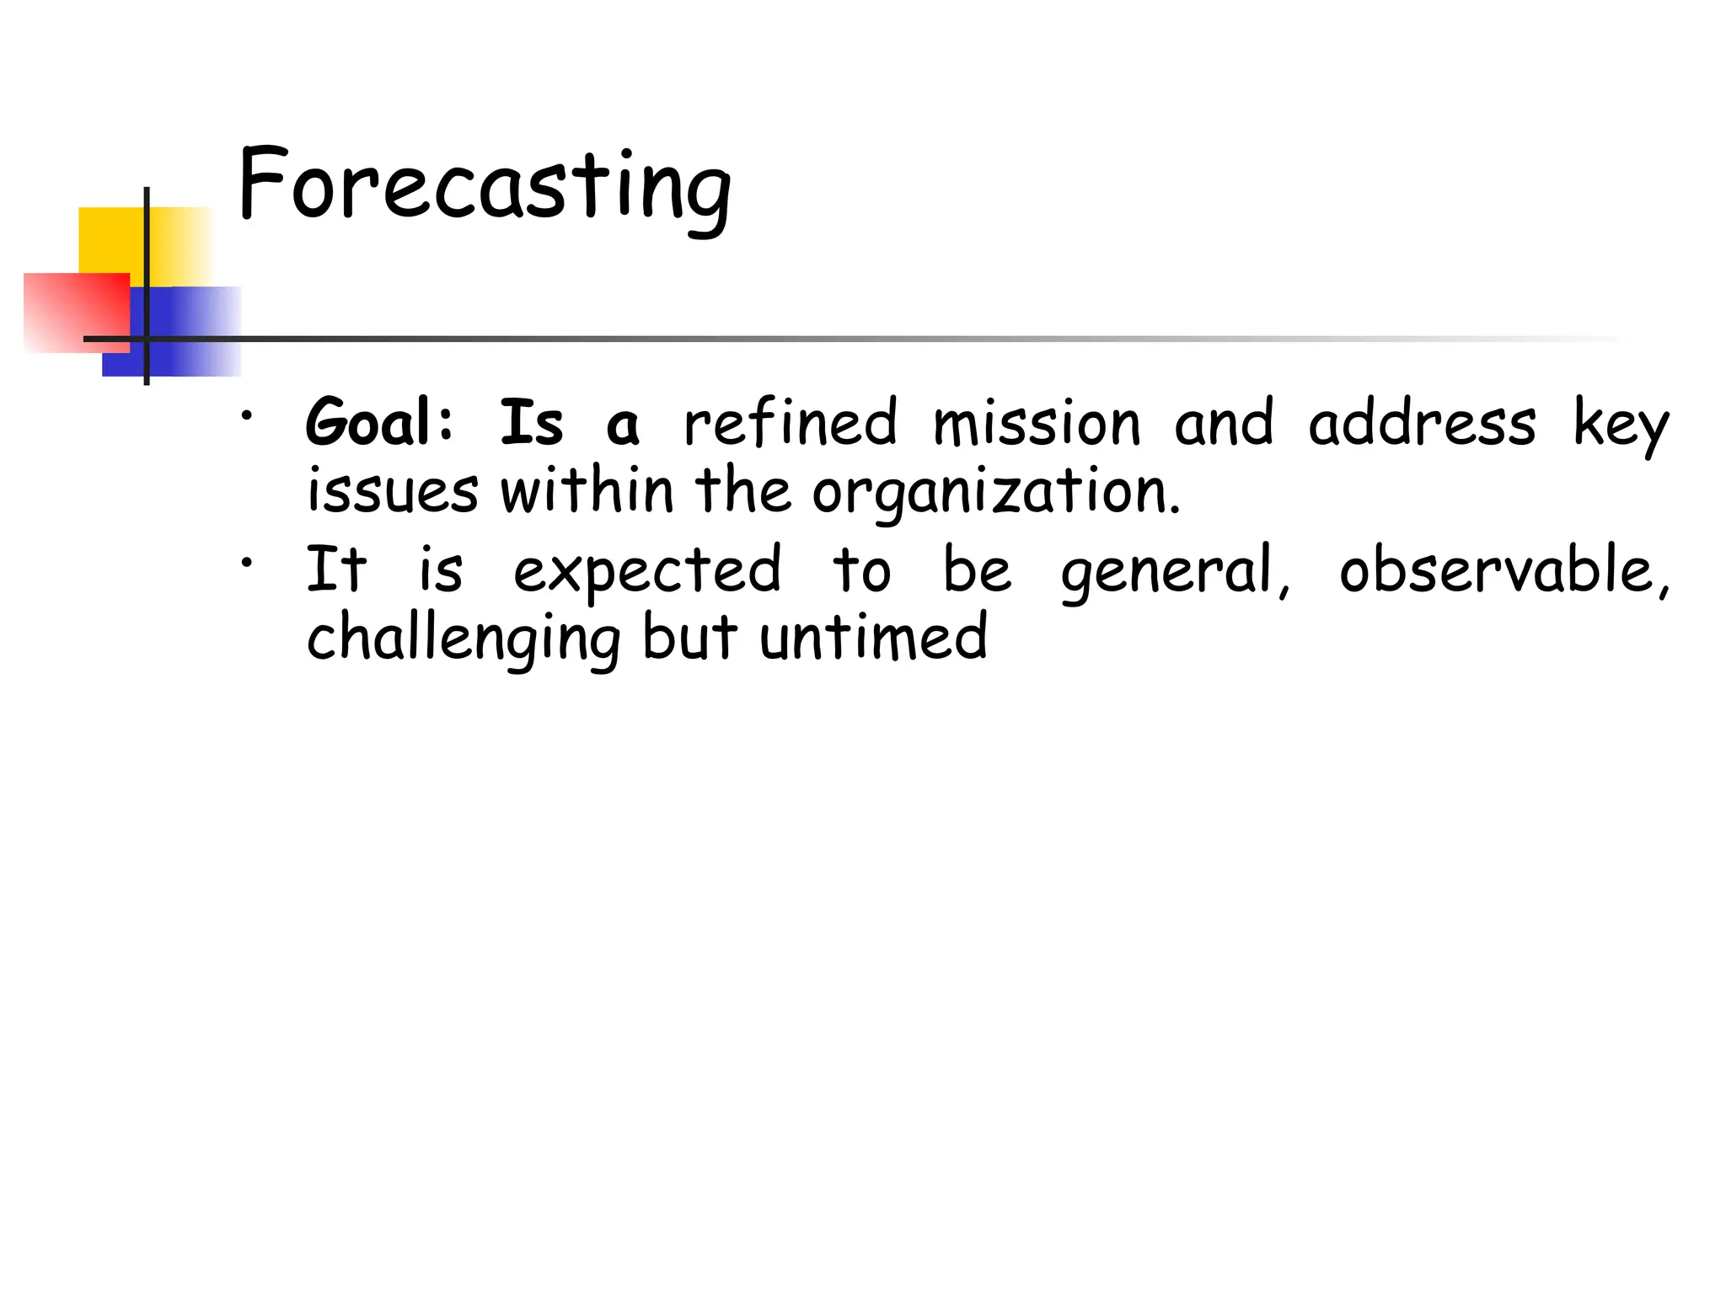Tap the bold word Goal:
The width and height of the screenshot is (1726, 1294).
pyautogui.click(x=379, y=422)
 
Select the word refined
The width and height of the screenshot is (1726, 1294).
pyautogui.click(x=791, y=422)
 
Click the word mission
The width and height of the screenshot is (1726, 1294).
pyautogui.click(x=1037, y=422)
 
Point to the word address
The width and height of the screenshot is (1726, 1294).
pyautogui.click(x=1422, y=422)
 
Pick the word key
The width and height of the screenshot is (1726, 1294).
pyautogui.click(x=1621, y=425)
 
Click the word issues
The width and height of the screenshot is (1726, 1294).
pyautogui.click(x=393, y=490)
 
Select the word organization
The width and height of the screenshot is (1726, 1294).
pyautogui.click(x=995, y=492)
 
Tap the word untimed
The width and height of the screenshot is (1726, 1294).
pyautogui.click(x=873, y=638)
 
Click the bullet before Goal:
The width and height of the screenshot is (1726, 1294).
pyautogui.click(x=245, y=415)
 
